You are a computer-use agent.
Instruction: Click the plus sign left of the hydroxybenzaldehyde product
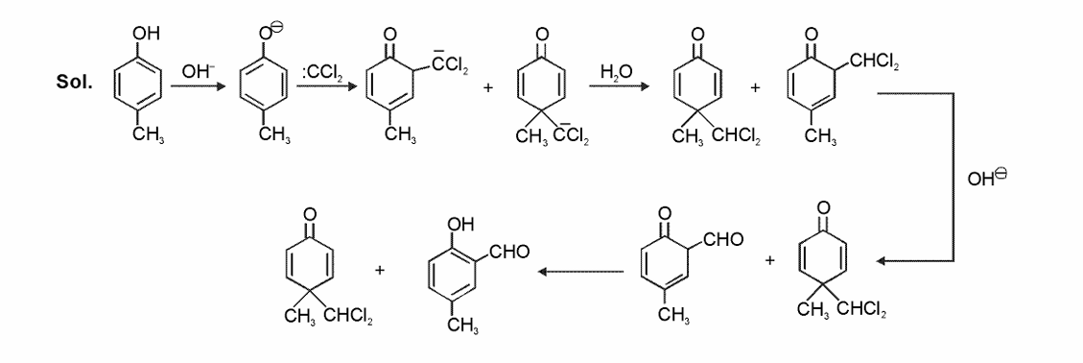[380, 272]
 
